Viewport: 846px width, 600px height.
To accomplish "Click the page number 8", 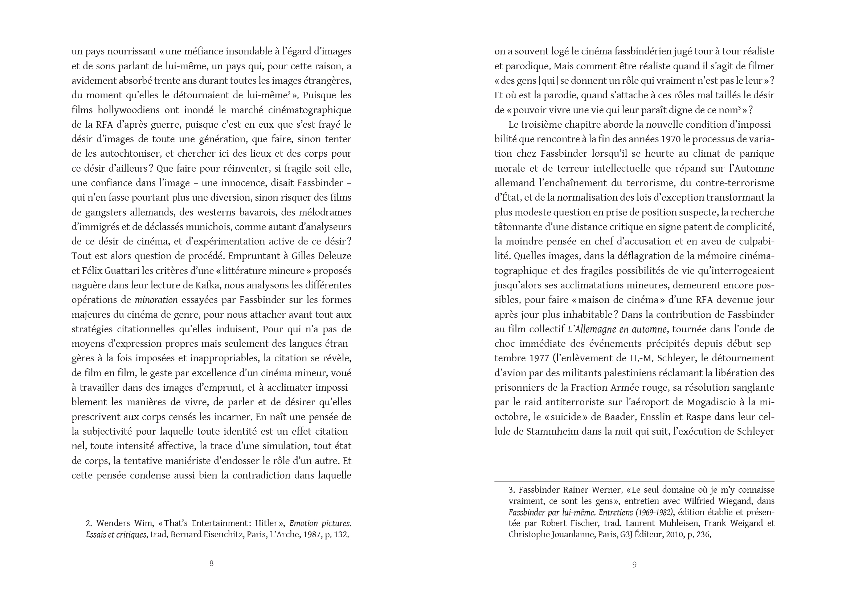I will coord(211,563).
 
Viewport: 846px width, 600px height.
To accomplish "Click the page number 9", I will coord(635,564).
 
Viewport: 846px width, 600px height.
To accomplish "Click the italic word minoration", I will coord(156,300).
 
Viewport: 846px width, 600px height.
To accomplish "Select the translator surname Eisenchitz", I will coord(221,535).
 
